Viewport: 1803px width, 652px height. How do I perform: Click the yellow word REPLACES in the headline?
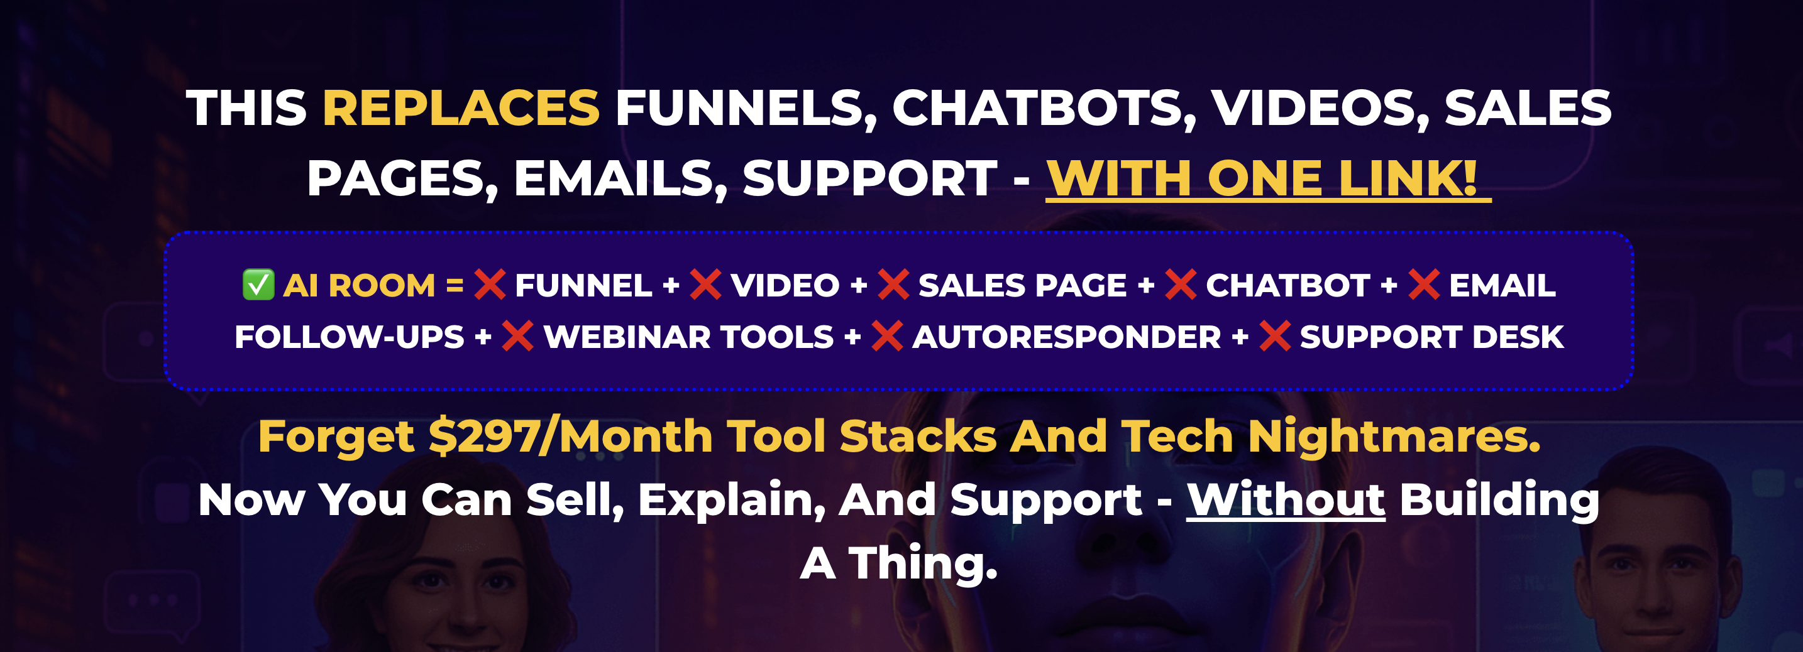click(x=461, y=109)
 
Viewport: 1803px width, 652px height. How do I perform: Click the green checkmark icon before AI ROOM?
click(x=258, y=285)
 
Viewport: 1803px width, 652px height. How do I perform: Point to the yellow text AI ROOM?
click(x=359, y=285)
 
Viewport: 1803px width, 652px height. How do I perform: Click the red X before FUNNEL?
click(x=490, y=285)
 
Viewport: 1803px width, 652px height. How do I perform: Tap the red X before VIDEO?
click(x=705, y=285)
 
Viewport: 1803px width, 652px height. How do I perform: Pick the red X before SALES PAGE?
click(x=894, y=285)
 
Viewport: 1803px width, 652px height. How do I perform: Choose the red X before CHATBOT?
click(x=1181, y=285)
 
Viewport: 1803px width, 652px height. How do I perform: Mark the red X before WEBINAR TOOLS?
click(x=518, y=337)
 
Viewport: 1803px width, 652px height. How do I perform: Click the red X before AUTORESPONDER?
click(x=888, y=337)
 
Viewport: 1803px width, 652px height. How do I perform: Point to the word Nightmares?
click(x=1394, y=437)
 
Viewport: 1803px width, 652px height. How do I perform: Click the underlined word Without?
click(x=1286, y=499)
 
